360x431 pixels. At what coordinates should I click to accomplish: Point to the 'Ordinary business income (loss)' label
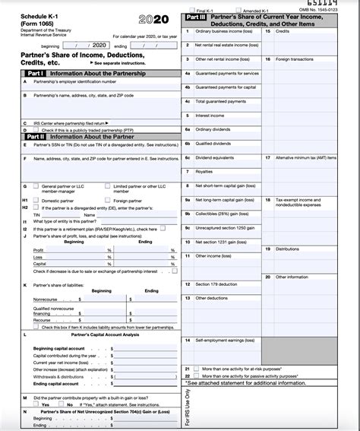pyautogui.click(x=225, y=31)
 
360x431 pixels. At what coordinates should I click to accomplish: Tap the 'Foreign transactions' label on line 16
pyautogui.click(x=292, y=59)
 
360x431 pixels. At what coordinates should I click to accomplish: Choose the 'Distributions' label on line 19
pyautogui.click(x=287, y=249)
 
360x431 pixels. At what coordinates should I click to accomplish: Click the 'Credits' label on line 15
pyautogui.click(x=282, y=31)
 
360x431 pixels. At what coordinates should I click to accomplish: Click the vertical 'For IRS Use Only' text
pyautogui.click(x=188, y=407)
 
